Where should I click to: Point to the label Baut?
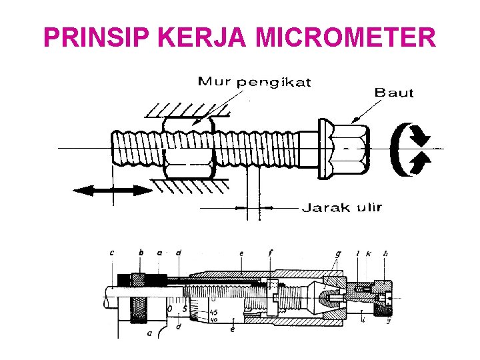tap(394, 93)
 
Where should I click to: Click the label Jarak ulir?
tap(343, 207)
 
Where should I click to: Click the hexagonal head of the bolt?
tap(343, 149)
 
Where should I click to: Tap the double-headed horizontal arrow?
tap(113, 191)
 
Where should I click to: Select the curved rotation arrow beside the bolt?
tap(410, 150)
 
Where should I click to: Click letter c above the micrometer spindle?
tap(111, 252)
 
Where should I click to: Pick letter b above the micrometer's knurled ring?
tap(141, 252)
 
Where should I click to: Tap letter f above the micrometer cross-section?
tap(270, 253)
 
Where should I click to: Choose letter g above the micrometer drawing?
tap(339, 253)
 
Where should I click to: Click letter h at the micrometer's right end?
tap(386, 253)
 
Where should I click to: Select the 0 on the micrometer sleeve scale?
tap(171, 308)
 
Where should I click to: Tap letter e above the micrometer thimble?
tap(241, 253)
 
